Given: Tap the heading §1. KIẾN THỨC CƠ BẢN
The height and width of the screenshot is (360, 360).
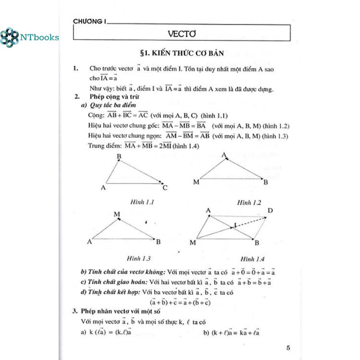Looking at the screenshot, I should click(x=181, y=53).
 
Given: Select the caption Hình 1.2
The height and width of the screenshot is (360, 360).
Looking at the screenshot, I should click(x=249, y=203).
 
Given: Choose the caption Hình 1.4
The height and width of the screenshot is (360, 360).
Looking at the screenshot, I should click(x=252, y=259).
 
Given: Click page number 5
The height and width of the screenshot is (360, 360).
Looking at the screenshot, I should click(x=288, y=348).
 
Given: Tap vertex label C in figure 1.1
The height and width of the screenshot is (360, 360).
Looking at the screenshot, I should click(x=165, y=188).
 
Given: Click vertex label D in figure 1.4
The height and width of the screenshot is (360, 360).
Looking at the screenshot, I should click(x=270, y=211).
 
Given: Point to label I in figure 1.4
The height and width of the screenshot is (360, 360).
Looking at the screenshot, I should click(x=235, y=225).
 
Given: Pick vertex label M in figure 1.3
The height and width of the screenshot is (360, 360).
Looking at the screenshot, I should click(x=117, y=214).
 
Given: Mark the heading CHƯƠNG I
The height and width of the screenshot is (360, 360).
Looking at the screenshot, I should click(x=89, y=22).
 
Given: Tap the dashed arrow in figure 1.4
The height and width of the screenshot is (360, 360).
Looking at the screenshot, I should click(x=250, y=222).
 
